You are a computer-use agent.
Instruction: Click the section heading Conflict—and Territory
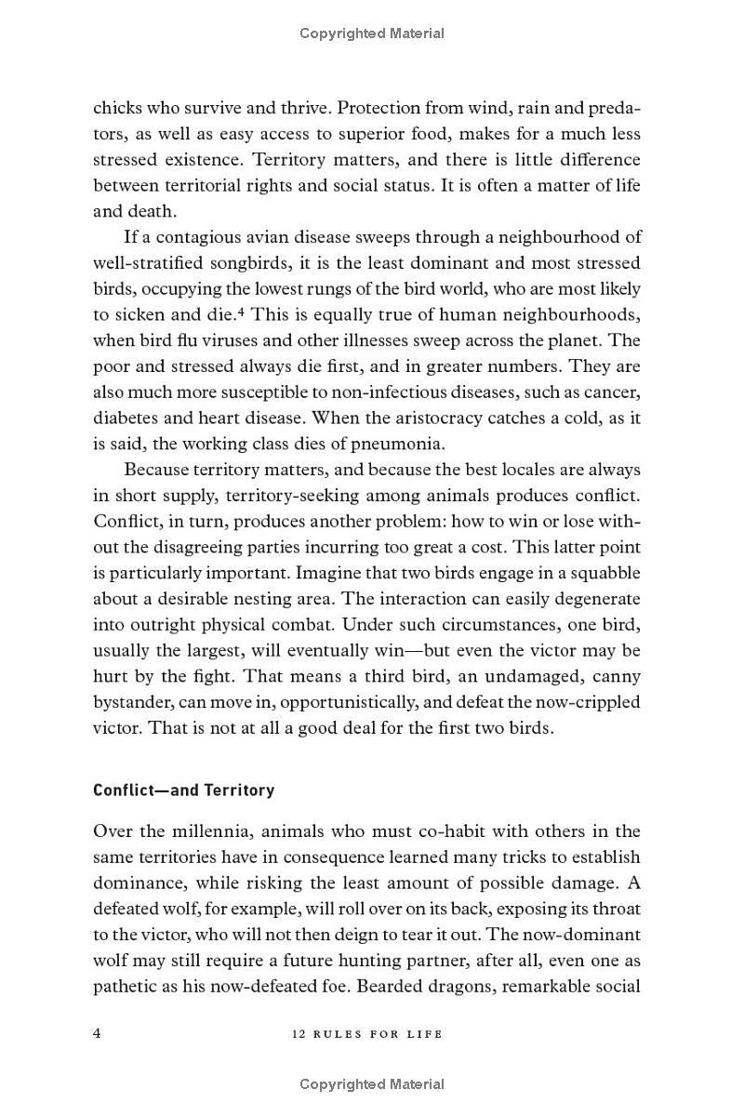(183, 790)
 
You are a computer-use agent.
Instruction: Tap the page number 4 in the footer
(98, 1033)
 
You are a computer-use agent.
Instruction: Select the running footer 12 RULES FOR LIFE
(371, 1034)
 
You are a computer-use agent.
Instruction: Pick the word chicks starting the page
(118, 108)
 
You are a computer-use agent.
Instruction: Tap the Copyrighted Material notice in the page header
(371, 33)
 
